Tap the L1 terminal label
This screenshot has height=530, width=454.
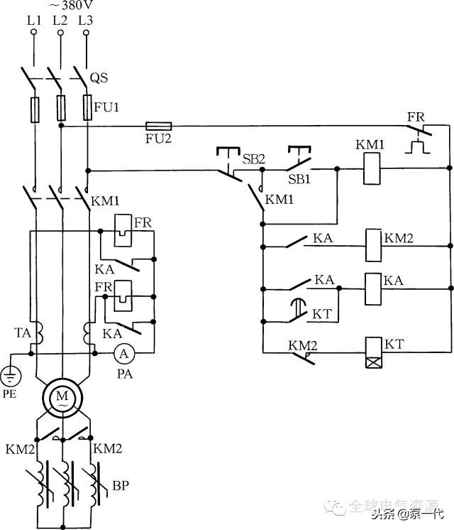pyautogui.click(x=33, y=21)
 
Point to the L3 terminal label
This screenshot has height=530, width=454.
pyautogui.click(x=85, y=21)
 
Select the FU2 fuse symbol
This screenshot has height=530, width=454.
pyautogui.click(x=157, y=126)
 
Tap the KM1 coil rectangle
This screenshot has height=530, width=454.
pyautogui.click(x=369, y=168)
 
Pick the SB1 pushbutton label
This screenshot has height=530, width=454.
pyautogui.click(x=299, y=180)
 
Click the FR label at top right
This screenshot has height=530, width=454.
pyautogui.click(x=416, y=116)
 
